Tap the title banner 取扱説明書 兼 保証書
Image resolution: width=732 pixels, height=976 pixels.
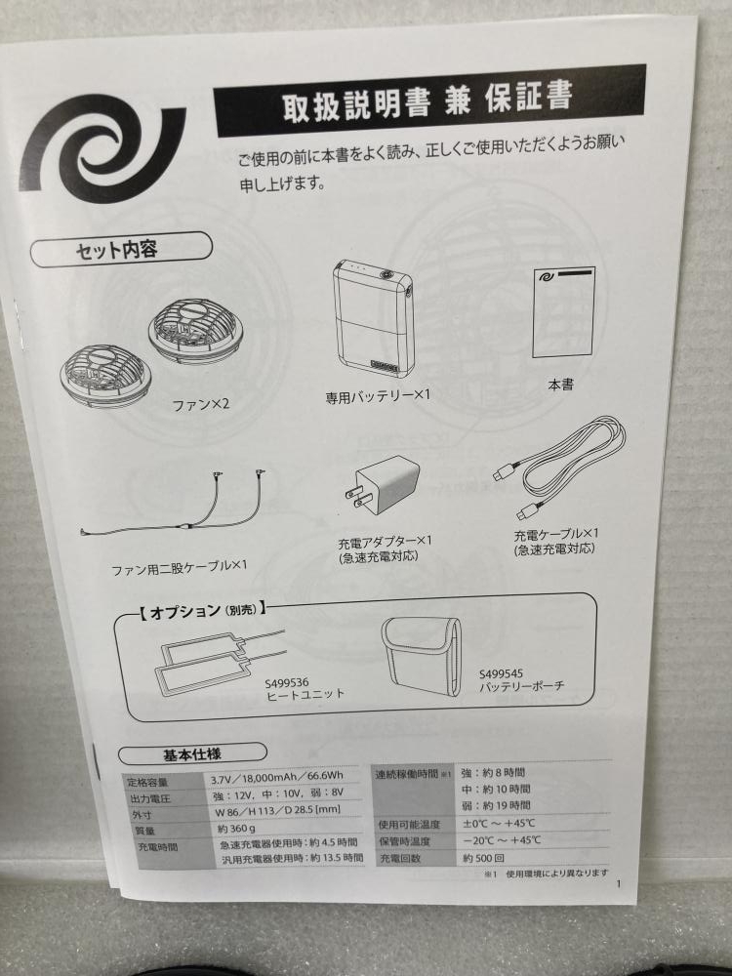click(x=430, y=101)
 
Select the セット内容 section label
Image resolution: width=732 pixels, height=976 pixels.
click(x=121, y=250)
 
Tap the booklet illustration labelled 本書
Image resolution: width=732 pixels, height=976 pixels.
click(x=563, y=312)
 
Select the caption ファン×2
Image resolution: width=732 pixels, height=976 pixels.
click(x=200, y=405)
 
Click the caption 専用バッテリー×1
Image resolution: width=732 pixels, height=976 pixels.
click(x=378, y=396)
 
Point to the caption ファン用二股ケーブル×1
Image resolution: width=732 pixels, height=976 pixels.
click(x=180, y=567)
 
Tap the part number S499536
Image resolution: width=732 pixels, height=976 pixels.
click(x=287, y=683)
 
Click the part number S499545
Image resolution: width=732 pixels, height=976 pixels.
click(x=501, y=673)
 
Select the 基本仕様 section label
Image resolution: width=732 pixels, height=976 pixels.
click(x=192, y=754)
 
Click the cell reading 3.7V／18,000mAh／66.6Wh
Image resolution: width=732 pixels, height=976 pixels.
click(x=276, y=778)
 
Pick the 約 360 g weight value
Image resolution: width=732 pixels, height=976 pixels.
click(x=236, y=829)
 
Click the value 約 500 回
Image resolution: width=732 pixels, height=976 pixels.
click(x=484, y=858)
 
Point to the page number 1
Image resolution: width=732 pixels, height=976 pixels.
click(x=619, y=884)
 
